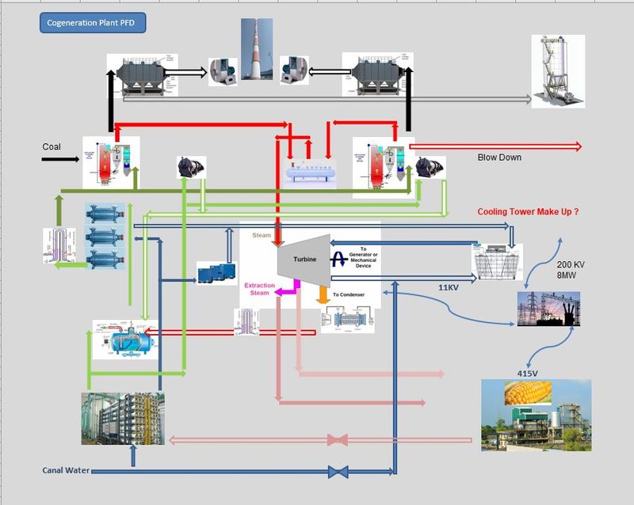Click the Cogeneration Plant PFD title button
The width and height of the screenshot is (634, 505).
[x=92, y=22]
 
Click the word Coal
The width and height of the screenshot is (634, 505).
[x=52, y=147]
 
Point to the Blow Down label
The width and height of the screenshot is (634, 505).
[x=499, y=158]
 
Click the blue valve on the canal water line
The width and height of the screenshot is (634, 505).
[x=338, y=472]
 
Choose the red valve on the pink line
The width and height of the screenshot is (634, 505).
[x=338, y=439]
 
